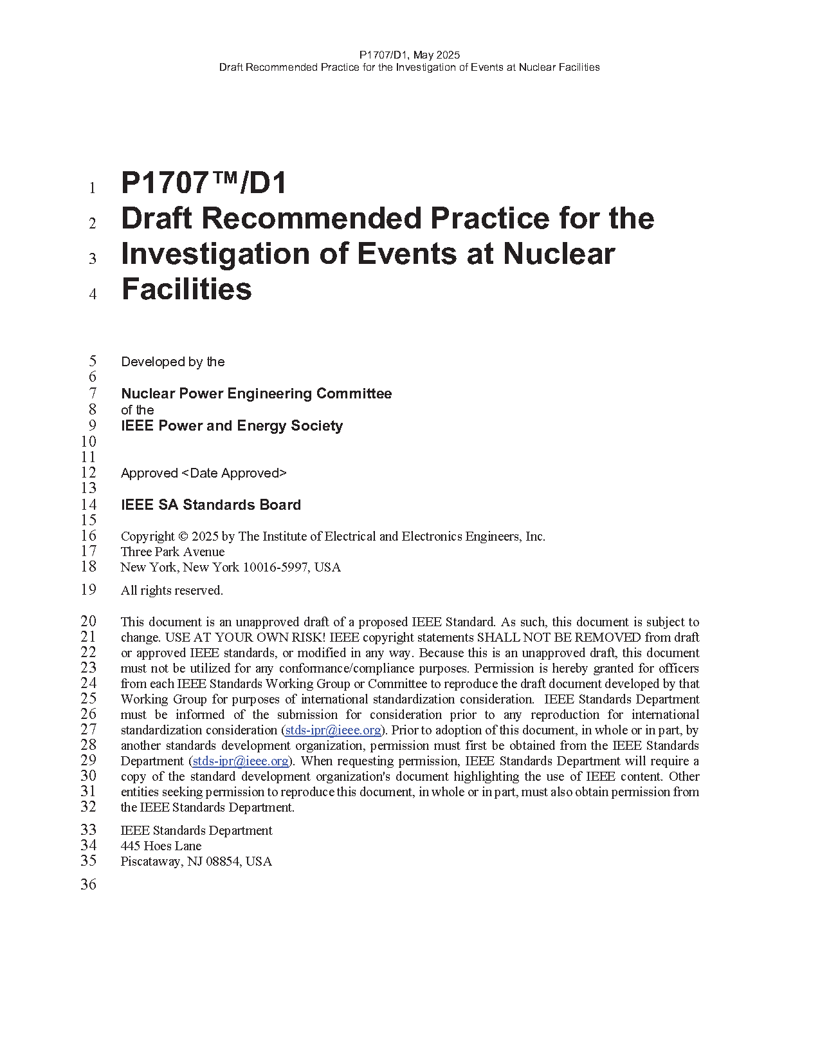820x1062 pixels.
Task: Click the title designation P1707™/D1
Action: pyautogui.click(x=204, y=183)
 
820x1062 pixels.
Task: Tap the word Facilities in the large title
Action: pyautogui.click(x=187, y=289)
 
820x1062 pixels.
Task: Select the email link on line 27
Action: pyautogui.click(x=333, y=730)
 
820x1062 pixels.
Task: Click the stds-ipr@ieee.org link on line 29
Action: pyautogui.click(x=241, y=761)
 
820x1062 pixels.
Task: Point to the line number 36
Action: pyautogui.click(x=89, y=884)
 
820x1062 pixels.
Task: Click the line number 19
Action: pyautogui.click(x=89, y=590)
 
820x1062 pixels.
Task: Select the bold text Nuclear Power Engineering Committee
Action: pyautogui.click(x=256, y=393)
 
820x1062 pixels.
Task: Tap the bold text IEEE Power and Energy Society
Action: pyautogui.click(x=232, y=425)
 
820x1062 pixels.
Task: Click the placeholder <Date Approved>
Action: pyautogui.click(x=234, y=473)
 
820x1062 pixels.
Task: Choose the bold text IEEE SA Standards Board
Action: pyautogui.click(x=211, y=505)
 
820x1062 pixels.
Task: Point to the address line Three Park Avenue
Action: pyautogui.click(x=172, y=552)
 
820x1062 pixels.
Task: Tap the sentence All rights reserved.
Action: pyautogui.click(x=172, y=590)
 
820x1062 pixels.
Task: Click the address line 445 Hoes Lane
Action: pyautogui.click(x=161, y=846)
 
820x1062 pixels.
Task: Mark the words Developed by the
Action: pyautogui.click(x=172, y=362)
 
